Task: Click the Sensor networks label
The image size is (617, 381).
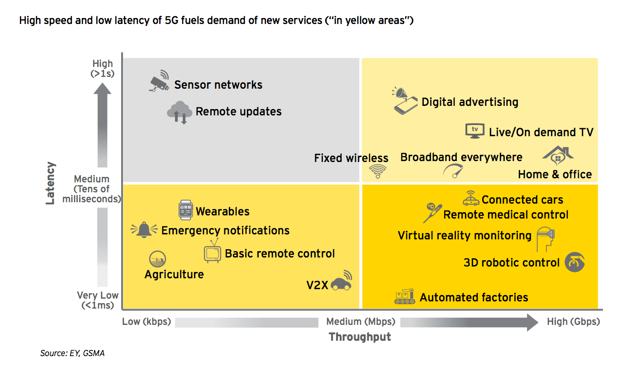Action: click(x=218, y=85)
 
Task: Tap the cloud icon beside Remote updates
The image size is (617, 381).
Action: click(x=179, y=112)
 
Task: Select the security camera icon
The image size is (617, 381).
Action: click(x=159, y=81)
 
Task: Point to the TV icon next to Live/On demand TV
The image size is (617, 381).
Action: click(x=475, y=130)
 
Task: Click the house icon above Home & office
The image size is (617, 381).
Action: click(x=558, y=156)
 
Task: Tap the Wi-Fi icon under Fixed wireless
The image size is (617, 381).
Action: click(x=378, y=171)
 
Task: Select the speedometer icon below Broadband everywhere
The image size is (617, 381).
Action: click(x=453, y=171)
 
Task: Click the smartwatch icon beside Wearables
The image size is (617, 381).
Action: click(x=186, y=210)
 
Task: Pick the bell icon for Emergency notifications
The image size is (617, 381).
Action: click(x=144, y=230)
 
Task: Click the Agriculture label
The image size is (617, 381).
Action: click(x=174, y=274)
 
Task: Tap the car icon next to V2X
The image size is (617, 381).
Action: click(x=341, y=282)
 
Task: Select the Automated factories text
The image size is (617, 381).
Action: click(x=474, y=297)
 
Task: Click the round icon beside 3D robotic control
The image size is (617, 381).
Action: click(x=574, y=262)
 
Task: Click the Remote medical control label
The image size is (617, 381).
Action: click(x=506, y=214)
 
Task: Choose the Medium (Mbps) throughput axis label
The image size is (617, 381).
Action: click(x=361, y=322)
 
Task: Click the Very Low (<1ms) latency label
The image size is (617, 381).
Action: click(x=98, y=300)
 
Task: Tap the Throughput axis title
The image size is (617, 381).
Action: click(x=360, y=337)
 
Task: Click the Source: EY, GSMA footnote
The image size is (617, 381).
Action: click(x=72, y=353)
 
